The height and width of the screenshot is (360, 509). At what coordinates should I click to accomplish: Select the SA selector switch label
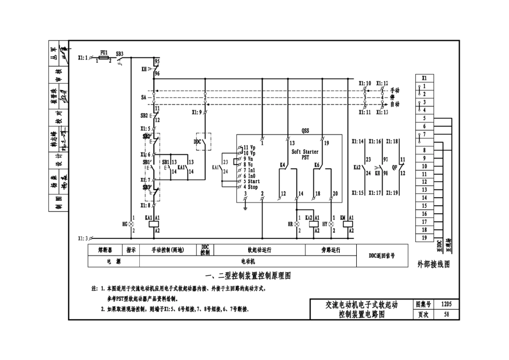(x=144, y=98)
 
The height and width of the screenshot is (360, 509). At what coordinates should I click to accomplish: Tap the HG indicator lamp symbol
(x=131, y=224)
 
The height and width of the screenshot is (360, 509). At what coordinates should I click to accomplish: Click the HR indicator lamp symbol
(x=298, y=224)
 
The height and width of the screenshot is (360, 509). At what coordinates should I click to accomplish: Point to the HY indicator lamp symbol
(x=332, y=224)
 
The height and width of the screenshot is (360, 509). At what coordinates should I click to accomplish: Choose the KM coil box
(x=351, y=224)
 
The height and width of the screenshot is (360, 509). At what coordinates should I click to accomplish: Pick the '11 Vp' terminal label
(x=249, y=147)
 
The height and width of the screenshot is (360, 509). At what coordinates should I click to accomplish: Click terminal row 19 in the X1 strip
(x=424, y=237)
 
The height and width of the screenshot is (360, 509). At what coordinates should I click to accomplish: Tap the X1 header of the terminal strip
(x=424, y=78)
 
